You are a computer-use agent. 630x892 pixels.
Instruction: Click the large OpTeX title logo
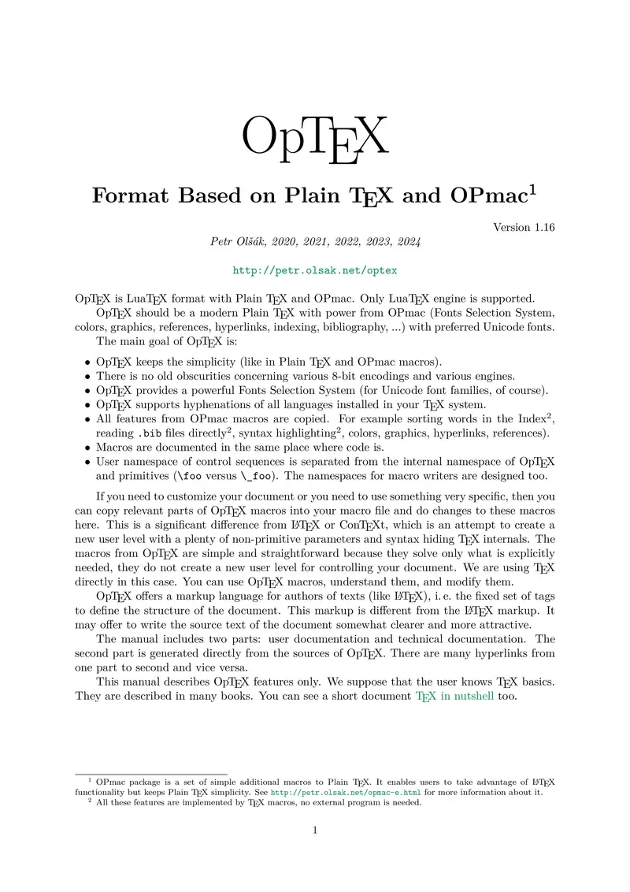pyautogui.click(x=314, y=138)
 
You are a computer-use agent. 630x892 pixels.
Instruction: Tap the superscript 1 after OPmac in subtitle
pyautogui.click(x=533, y=190)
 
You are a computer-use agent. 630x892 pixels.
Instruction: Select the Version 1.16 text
pyautogui.click(x=524, y=228)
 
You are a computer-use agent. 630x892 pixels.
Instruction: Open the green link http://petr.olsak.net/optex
pyautogui.click(x=315, y=270)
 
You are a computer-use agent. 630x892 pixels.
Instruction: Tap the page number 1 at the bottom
pyautogui.click(x=315, y=830)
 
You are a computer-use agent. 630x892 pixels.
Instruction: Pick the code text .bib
pyautogui.click(x=151, y=434)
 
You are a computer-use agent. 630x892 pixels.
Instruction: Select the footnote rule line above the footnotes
pyautogui.click(x=150, y=774)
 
